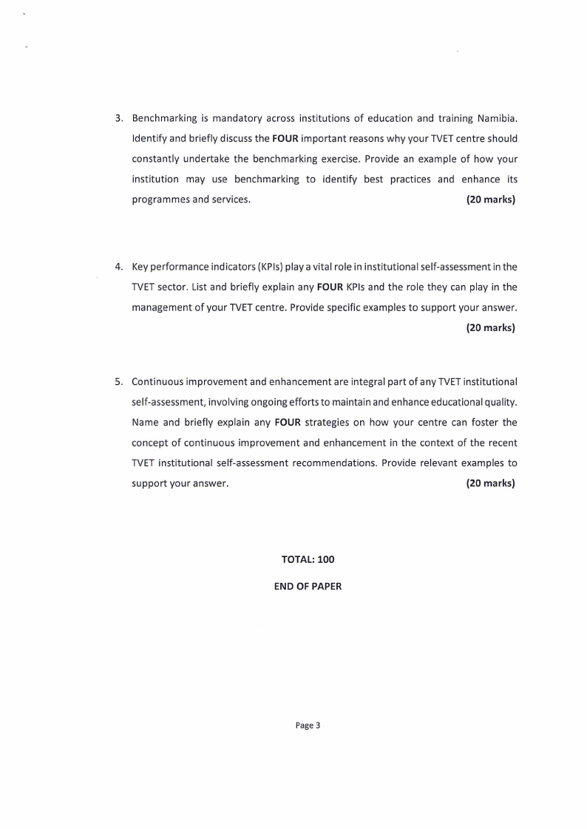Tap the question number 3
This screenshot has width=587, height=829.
pyautogui.click(x=118, y=117)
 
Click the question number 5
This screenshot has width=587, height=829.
pyautogui.click(x=118, y=382)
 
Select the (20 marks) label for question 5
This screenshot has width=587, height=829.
pyautogui.click(x=490, y=484)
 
